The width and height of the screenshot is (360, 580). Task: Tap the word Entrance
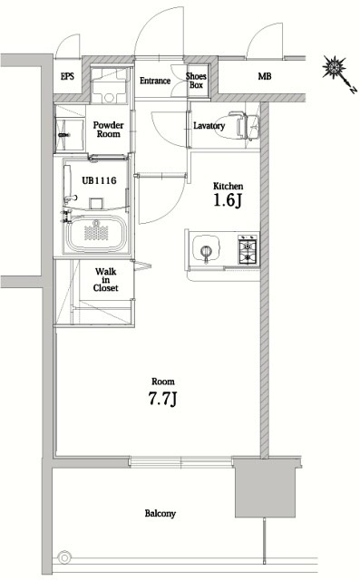pos(155,81)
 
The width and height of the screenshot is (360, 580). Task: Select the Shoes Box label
pos(196,81)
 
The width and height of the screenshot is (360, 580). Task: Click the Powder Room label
pos(108,128)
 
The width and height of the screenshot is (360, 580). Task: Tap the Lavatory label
pos(209,125)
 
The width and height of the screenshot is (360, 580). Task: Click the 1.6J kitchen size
pos(229,200)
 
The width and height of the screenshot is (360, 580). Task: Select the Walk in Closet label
pos(104,279)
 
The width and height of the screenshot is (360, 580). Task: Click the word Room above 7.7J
pos(163,381)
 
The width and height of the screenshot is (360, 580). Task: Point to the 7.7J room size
pos(163,400)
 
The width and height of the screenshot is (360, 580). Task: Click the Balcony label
pos(160,514)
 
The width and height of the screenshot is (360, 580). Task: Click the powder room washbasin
pos(73,134)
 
